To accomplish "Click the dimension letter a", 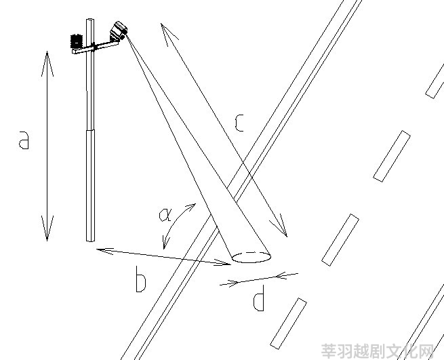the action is [24, 140].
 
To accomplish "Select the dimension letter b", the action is [141, 279].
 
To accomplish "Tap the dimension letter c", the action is [239, 123].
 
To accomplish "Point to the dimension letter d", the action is [258, 298].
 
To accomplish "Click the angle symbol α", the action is [165, 215].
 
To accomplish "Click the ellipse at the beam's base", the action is [251, 257].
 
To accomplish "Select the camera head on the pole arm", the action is [119, 31].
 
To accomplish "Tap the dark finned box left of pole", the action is [76, 41].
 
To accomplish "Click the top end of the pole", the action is [90, 19].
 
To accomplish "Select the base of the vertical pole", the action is [90, 240].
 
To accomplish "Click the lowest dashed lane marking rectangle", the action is [288, 323].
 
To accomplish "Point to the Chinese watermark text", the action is [378, 351].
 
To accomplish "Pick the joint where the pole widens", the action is [90, 130].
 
